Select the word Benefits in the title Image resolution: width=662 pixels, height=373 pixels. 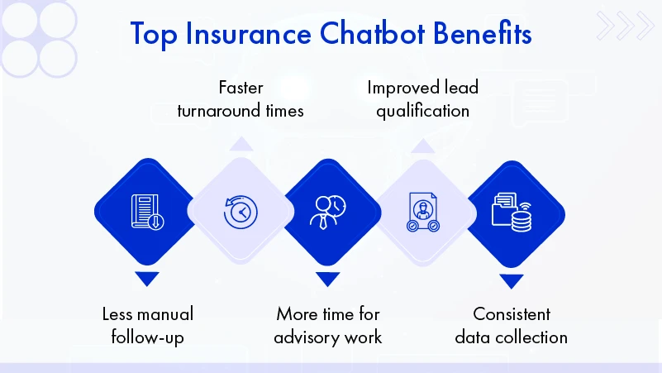coord(483,35)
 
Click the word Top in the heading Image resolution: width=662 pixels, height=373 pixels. coord(158,35)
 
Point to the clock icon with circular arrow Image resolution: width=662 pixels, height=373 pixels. coord(240,212)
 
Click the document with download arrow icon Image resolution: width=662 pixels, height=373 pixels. coord(146,212)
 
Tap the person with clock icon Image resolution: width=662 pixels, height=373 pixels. coord(327,212)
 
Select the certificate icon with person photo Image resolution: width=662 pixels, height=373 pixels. coord(421,213)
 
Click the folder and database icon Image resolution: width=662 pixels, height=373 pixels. coord(512,212)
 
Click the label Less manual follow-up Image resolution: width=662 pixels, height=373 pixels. coord(147,325)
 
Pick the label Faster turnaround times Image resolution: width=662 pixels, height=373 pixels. coord(240,98)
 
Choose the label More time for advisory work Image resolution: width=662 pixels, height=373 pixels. coord(328,325)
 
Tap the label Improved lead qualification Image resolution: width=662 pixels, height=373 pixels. coord(422,98)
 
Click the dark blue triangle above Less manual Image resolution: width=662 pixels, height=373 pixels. coord(146,279)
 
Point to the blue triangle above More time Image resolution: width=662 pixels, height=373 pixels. coord(327,279)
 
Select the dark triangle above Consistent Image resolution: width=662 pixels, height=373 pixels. coord(512,280)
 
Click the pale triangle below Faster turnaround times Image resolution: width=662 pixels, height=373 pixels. coord(241,146)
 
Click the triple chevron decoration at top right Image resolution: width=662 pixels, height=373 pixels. coord(625,26)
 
